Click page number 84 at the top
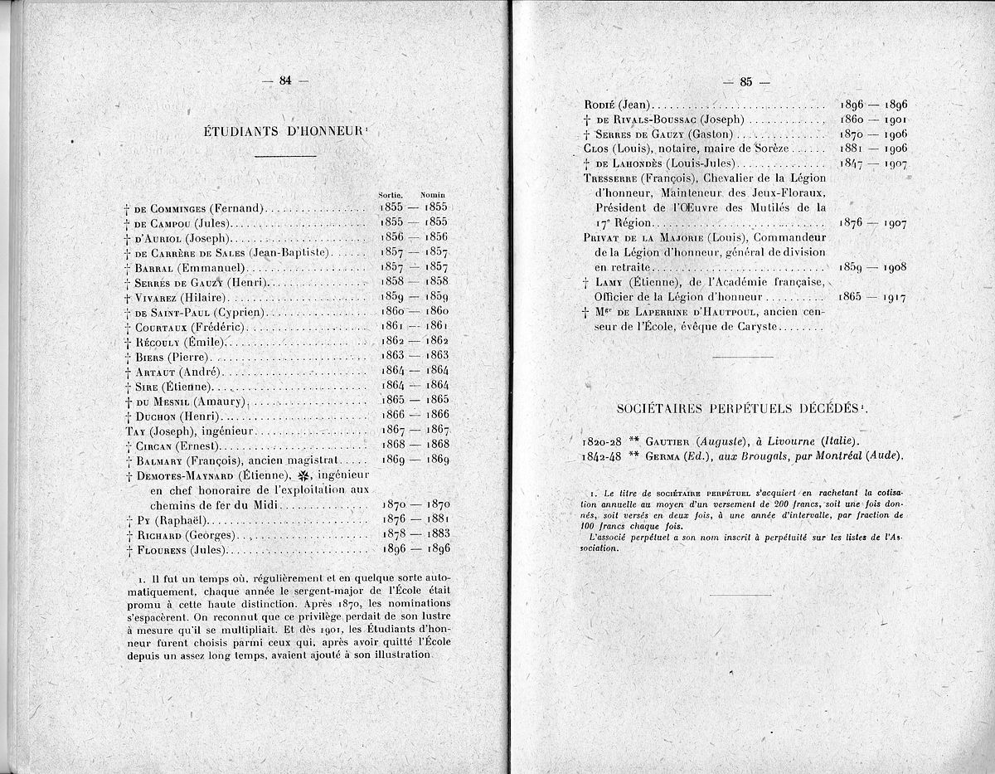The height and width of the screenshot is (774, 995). click(285, 80)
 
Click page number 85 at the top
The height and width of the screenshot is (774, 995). click(745, 81)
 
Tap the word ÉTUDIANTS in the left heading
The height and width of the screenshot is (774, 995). click(239, 130)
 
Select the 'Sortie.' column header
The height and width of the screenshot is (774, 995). click(390, 194)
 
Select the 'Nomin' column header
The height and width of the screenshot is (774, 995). click(433, 194)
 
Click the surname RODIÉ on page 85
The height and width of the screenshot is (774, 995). click(600, 105)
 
